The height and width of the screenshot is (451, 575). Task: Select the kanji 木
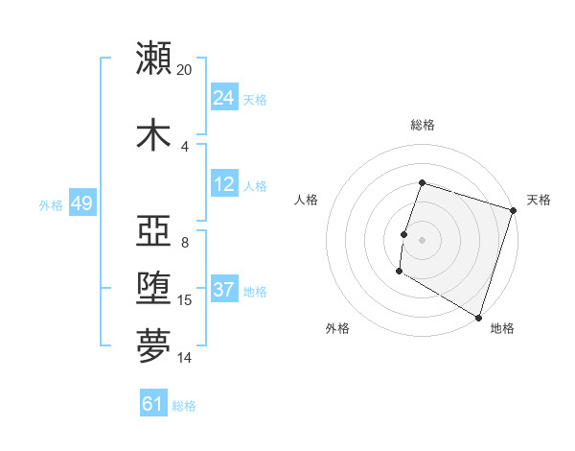[x=153, y=133]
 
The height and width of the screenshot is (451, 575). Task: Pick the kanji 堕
[x=153, y=289]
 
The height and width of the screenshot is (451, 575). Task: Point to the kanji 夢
[x=153, y=346]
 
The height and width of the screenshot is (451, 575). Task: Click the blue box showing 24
[x=224, y=98]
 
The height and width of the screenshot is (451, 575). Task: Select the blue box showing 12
[x=224, y=185]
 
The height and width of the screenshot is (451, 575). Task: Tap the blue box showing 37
[x=224, y=291]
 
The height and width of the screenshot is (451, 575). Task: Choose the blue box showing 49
[x=81, y=204]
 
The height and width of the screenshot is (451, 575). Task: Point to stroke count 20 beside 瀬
[x=185, y=69]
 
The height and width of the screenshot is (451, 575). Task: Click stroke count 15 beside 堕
[x=186, y=300]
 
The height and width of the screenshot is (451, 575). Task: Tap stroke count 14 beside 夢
[x=186, y=358]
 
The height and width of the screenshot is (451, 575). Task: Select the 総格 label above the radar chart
[x=422, y=125]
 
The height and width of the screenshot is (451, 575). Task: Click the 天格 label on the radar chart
[x=539, y=200]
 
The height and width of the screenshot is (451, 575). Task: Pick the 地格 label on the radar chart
[x=502, y=328]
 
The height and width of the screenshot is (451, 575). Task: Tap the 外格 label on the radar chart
[x=337, y=328]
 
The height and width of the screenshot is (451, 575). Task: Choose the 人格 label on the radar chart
[x=307, y=200]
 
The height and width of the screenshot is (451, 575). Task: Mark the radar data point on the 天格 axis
[x=513, y=210]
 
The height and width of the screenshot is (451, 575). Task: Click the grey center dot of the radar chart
[x=422, y=239]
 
